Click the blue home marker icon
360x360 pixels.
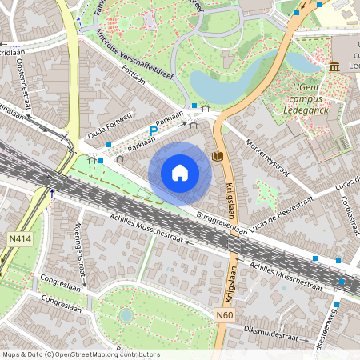coord(180,173)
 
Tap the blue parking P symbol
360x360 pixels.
coord(154,130)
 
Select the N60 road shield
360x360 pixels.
coord(225,315)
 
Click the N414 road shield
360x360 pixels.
coord(20,238)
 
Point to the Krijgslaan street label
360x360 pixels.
coord(230,199)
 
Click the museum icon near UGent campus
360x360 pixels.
coord(334,66)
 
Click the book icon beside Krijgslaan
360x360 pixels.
coord(218,155)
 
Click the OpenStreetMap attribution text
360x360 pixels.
coord(80,354)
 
